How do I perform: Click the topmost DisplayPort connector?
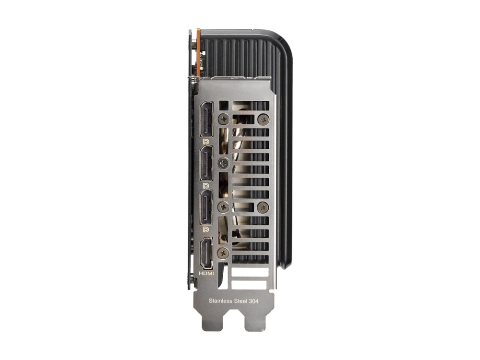206,120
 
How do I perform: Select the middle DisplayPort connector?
206,164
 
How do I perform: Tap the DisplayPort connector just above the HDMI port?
206,207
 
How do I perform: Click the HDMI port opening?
206,252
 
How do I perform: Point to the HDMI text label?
206,273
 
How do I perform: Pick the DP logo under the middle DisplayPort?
206,186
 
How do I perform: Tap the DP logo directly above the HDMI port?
206,229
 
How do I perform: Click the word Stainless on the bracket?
220,300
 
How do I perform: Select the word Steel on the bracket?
240,300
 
